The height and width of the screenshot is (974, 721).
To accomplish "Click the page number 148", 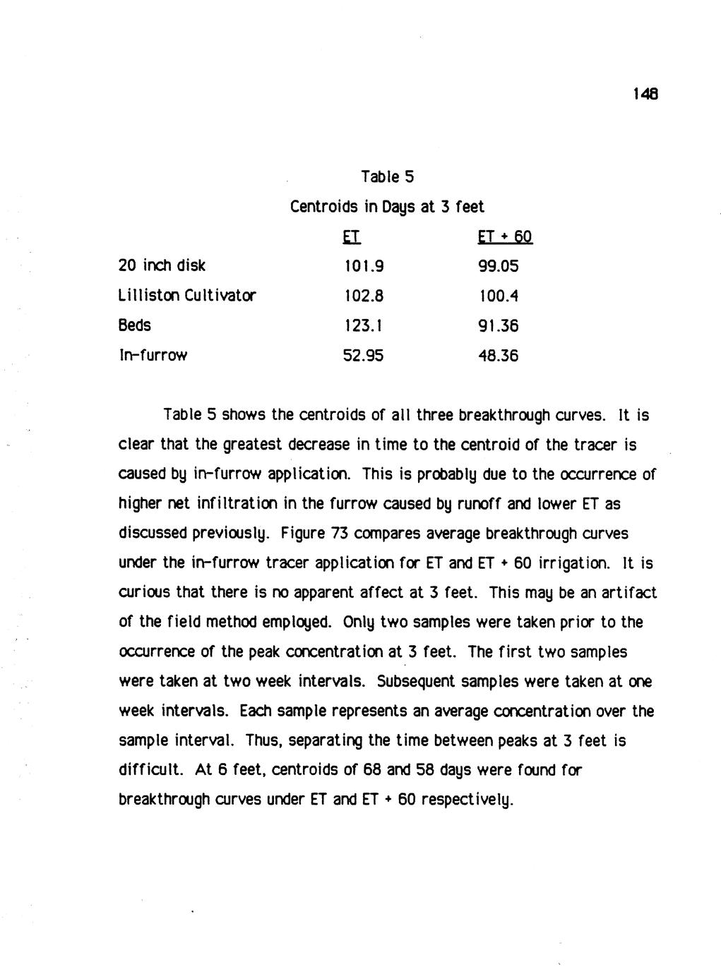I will point(645,93).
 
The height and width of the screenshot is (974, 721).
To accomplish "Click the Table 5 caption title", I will point(386,176).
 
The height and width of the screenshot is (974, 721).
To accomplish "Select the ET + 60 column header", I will point(505,236).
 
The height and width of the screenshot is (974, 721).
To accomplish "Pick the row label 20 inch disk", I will point(162,265).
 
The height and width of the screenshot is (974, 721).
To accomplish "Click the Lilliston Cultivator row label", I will point(186,295).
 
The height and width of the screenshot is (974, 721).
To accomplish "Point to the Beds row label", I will point(134,325).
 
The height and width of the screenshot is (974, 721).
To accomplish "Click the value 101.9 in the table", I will point(363,266).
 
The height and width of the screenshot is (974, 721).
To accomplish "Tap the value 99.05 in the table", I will point(498,266).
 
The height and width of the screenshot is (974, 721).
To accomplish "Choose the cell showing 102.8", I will point(363,296).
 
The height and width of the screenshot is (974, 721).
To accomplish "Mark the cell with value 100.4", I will point(498,296).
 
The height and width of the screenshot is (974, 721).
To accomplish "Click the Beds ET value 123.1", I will point(363,325).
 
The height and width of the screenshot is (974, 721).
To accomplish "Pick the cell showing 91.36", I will point(498,325).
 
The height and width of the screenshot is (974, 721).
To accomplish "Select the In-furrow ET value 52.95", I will point(363,355).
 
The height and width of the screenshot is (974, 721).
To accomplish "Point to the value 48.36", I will point(498,355).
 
